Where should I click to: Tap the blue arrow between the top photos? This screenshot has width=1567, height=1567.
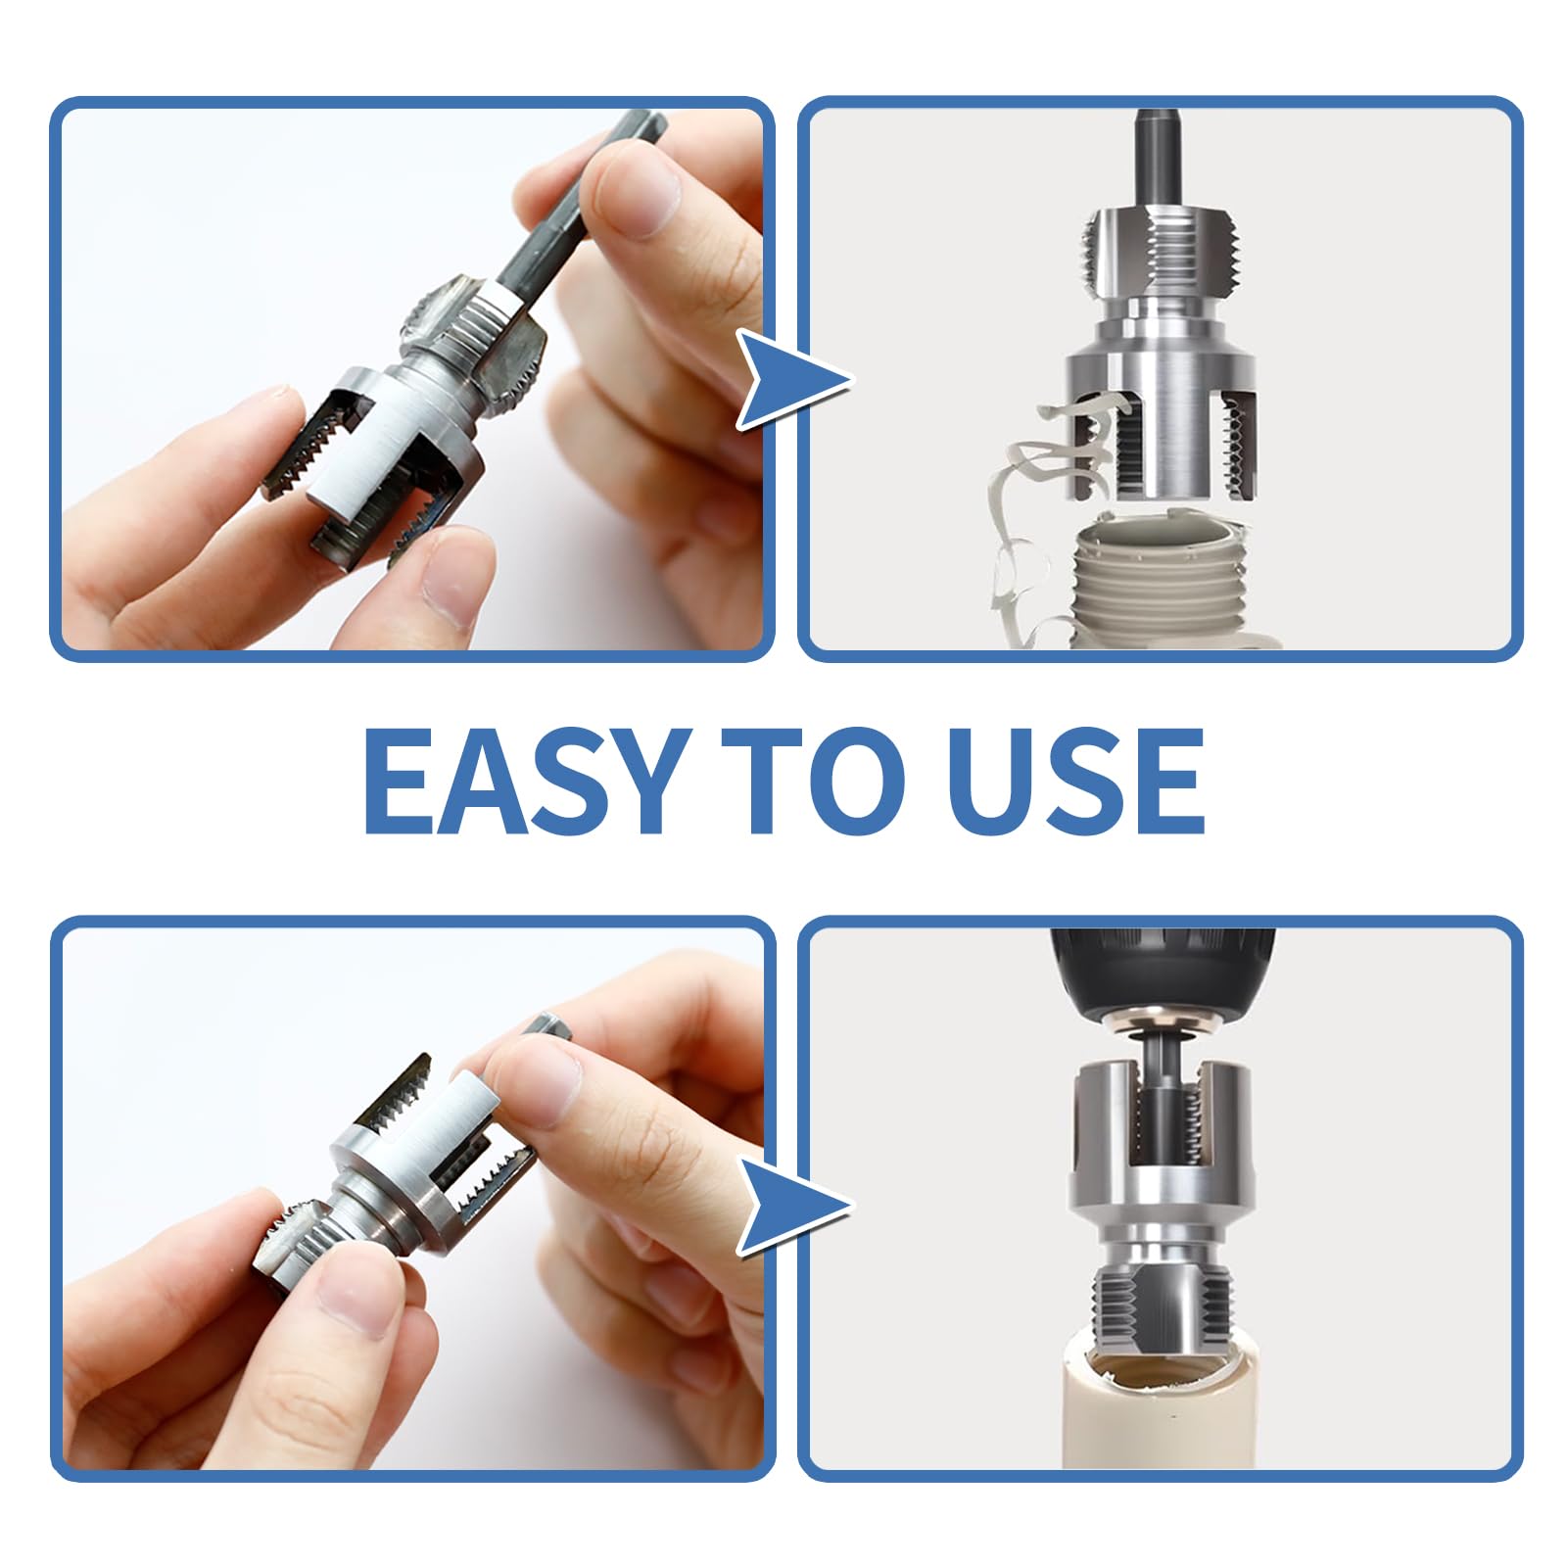coord(788,380)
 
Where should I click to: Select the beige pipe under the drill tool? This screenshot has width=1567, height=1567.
coord(1161,1420)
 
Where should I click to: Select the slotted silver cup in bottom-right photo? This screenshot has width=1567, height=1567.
coord(1163,1136)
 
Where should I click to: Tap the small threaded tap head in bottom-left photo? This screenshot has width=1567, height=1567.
coord(294,1254)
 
